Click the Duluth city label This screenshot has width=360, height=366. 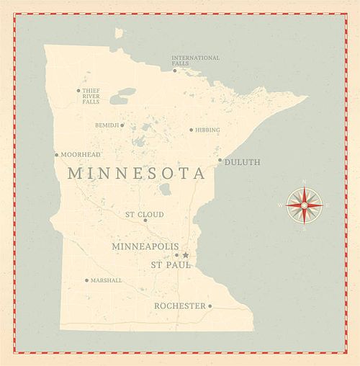click(243, 162)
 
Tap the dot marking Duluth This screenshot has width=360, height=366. click(220, 160)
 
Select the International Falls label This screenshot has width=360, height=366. click(195, 61)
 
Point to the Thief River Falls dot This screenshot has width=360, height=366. click(78, 91)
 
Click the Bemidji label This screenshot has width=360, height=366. click(107, 125)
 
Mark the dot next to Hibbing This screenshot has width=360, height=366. click(191, 130)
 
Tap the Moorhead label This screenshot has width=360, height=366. click(81, 155)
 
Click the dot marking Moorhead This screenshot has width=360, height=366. click(56, 154)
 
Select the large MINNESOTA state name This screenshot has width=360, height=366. click(137, 174)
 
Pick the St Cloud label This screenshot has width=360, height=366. click(144, 215)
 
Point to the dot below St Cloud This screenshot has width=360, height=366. click(145, 220)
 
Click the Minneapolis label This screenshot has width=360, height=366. click(145, 246)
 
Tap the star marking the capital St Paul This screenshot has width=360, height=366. click(185, 255)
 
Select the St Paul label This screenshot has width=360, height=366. click(171, 265)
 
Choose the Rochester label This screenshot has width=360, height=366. click(179, 306)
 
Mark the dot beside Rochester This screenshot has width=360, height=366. click(210, 306)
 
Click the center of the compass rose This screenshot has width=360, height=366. click(304, 205)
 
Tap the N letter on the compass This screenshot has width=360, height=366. click(304, 182)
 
